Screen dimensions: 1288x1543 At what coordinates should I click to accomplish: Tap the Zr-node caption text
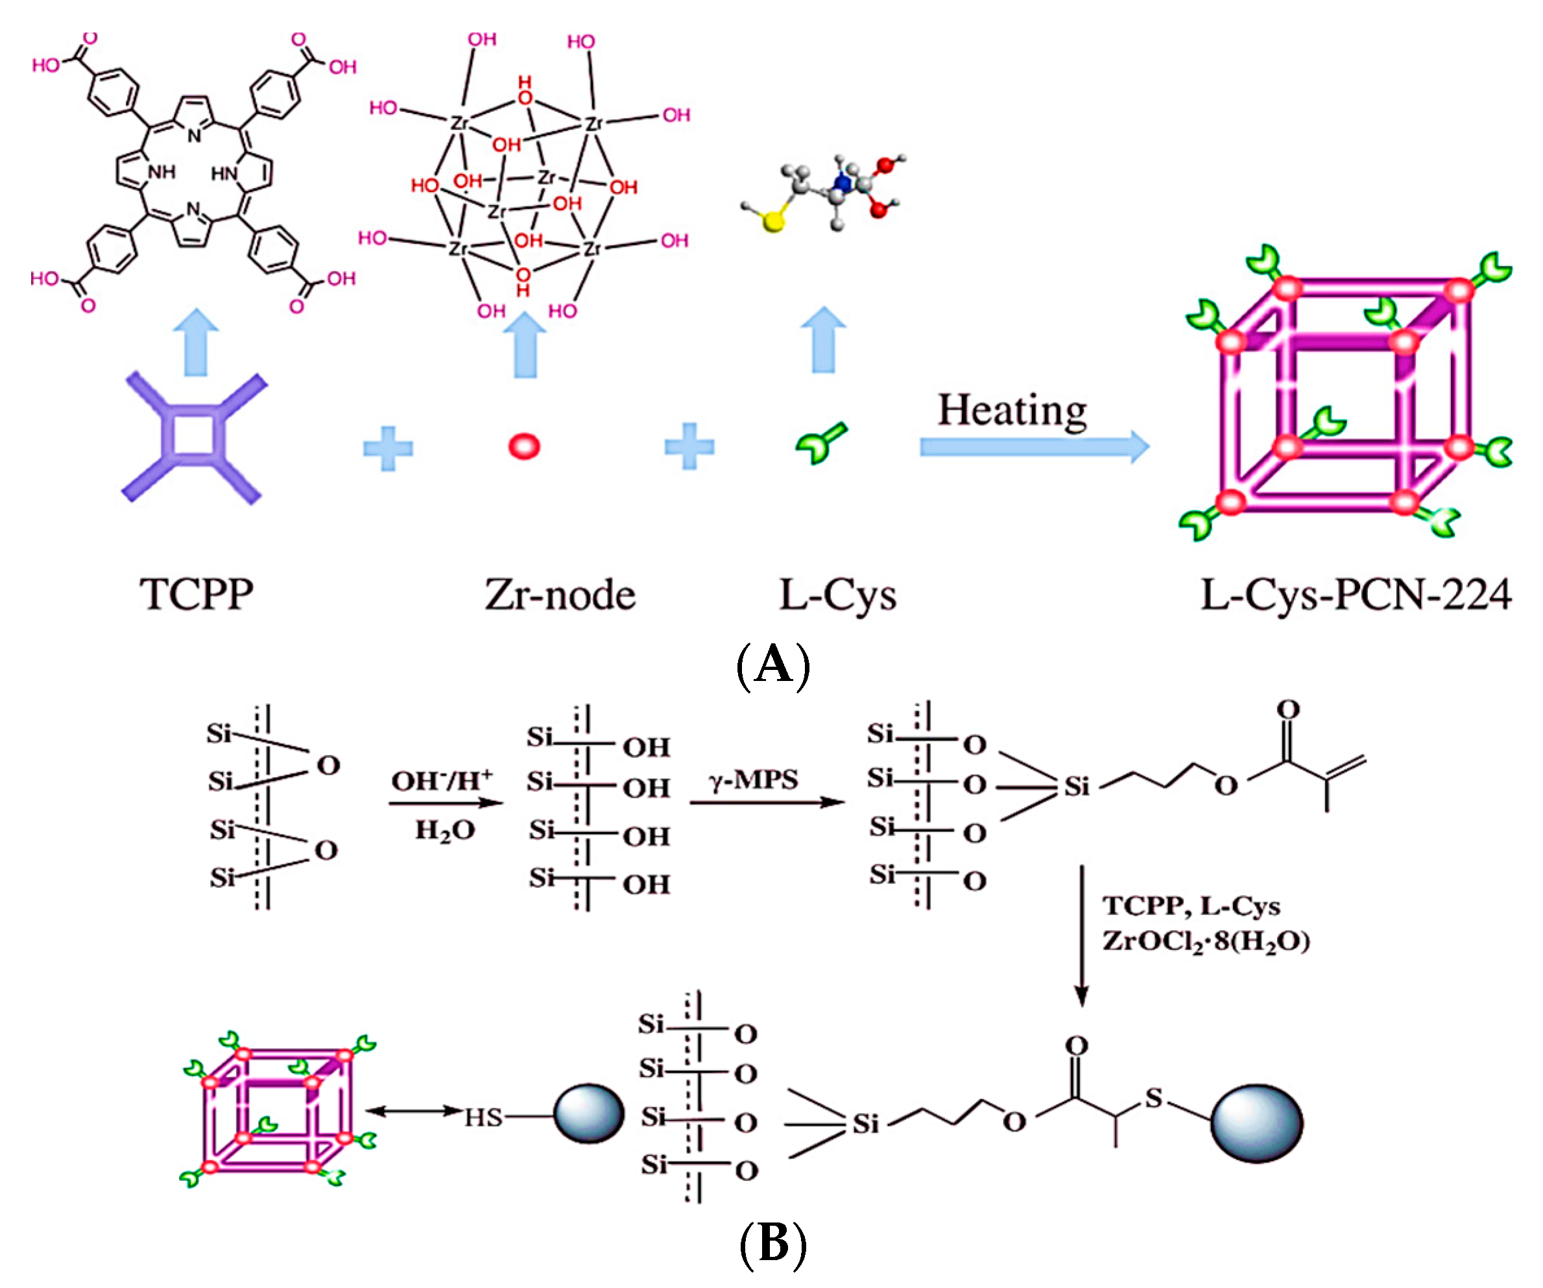pyautogui.click(x=560, y=595)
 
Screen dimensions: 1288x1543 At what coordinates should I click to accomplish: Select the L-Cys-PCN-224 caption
pyautogui.click(x=1356, y=595)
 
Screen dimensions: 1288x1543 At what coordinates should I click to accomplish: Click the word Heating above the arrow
pyautogui.click(x=1012, y=411)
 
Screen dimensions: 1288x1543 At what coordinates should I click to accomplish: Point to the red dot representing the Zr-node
pyautogui.click(x=524, y=446)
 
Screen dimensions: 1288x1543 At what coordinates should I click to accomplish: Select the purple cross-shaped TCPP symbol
pyautogui.click(x=194, y=438)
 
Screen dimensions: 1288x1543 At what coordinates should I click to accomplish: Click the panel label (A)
pyautogui.click(x=772, y=665)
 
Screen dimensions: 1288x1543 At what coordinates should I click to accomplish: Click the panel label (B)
pyautogui.click(x=772, y=1244)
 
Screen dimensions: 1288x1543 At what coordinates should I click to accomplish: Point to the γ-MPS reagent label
pyautogui.click(x=754, y=780)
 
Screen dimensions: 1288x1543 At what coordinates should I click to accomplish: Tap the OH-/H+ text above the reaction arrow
pyautogui.click(x=442, y=780)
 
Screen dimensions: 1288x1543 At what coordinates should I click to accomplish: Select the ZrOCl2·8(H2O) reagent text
pyautogui.click(x=1206, y=942)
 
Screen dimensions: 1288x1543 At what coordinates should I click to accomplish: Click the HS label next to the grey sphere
pyautogui.click(x=483, y=1117)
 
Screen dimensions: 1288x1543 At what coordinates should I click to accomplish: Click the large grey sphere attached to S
pyautogui.click(x=1256, y=1123)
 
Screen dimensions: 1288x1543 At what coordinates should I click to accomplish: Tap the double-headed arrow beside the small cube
pyautogui.click(x=414, y=1111)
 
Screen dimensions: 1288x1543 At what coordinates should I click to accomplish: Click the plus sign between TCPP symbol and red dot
pyautogui.click(x=388, y=447)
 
